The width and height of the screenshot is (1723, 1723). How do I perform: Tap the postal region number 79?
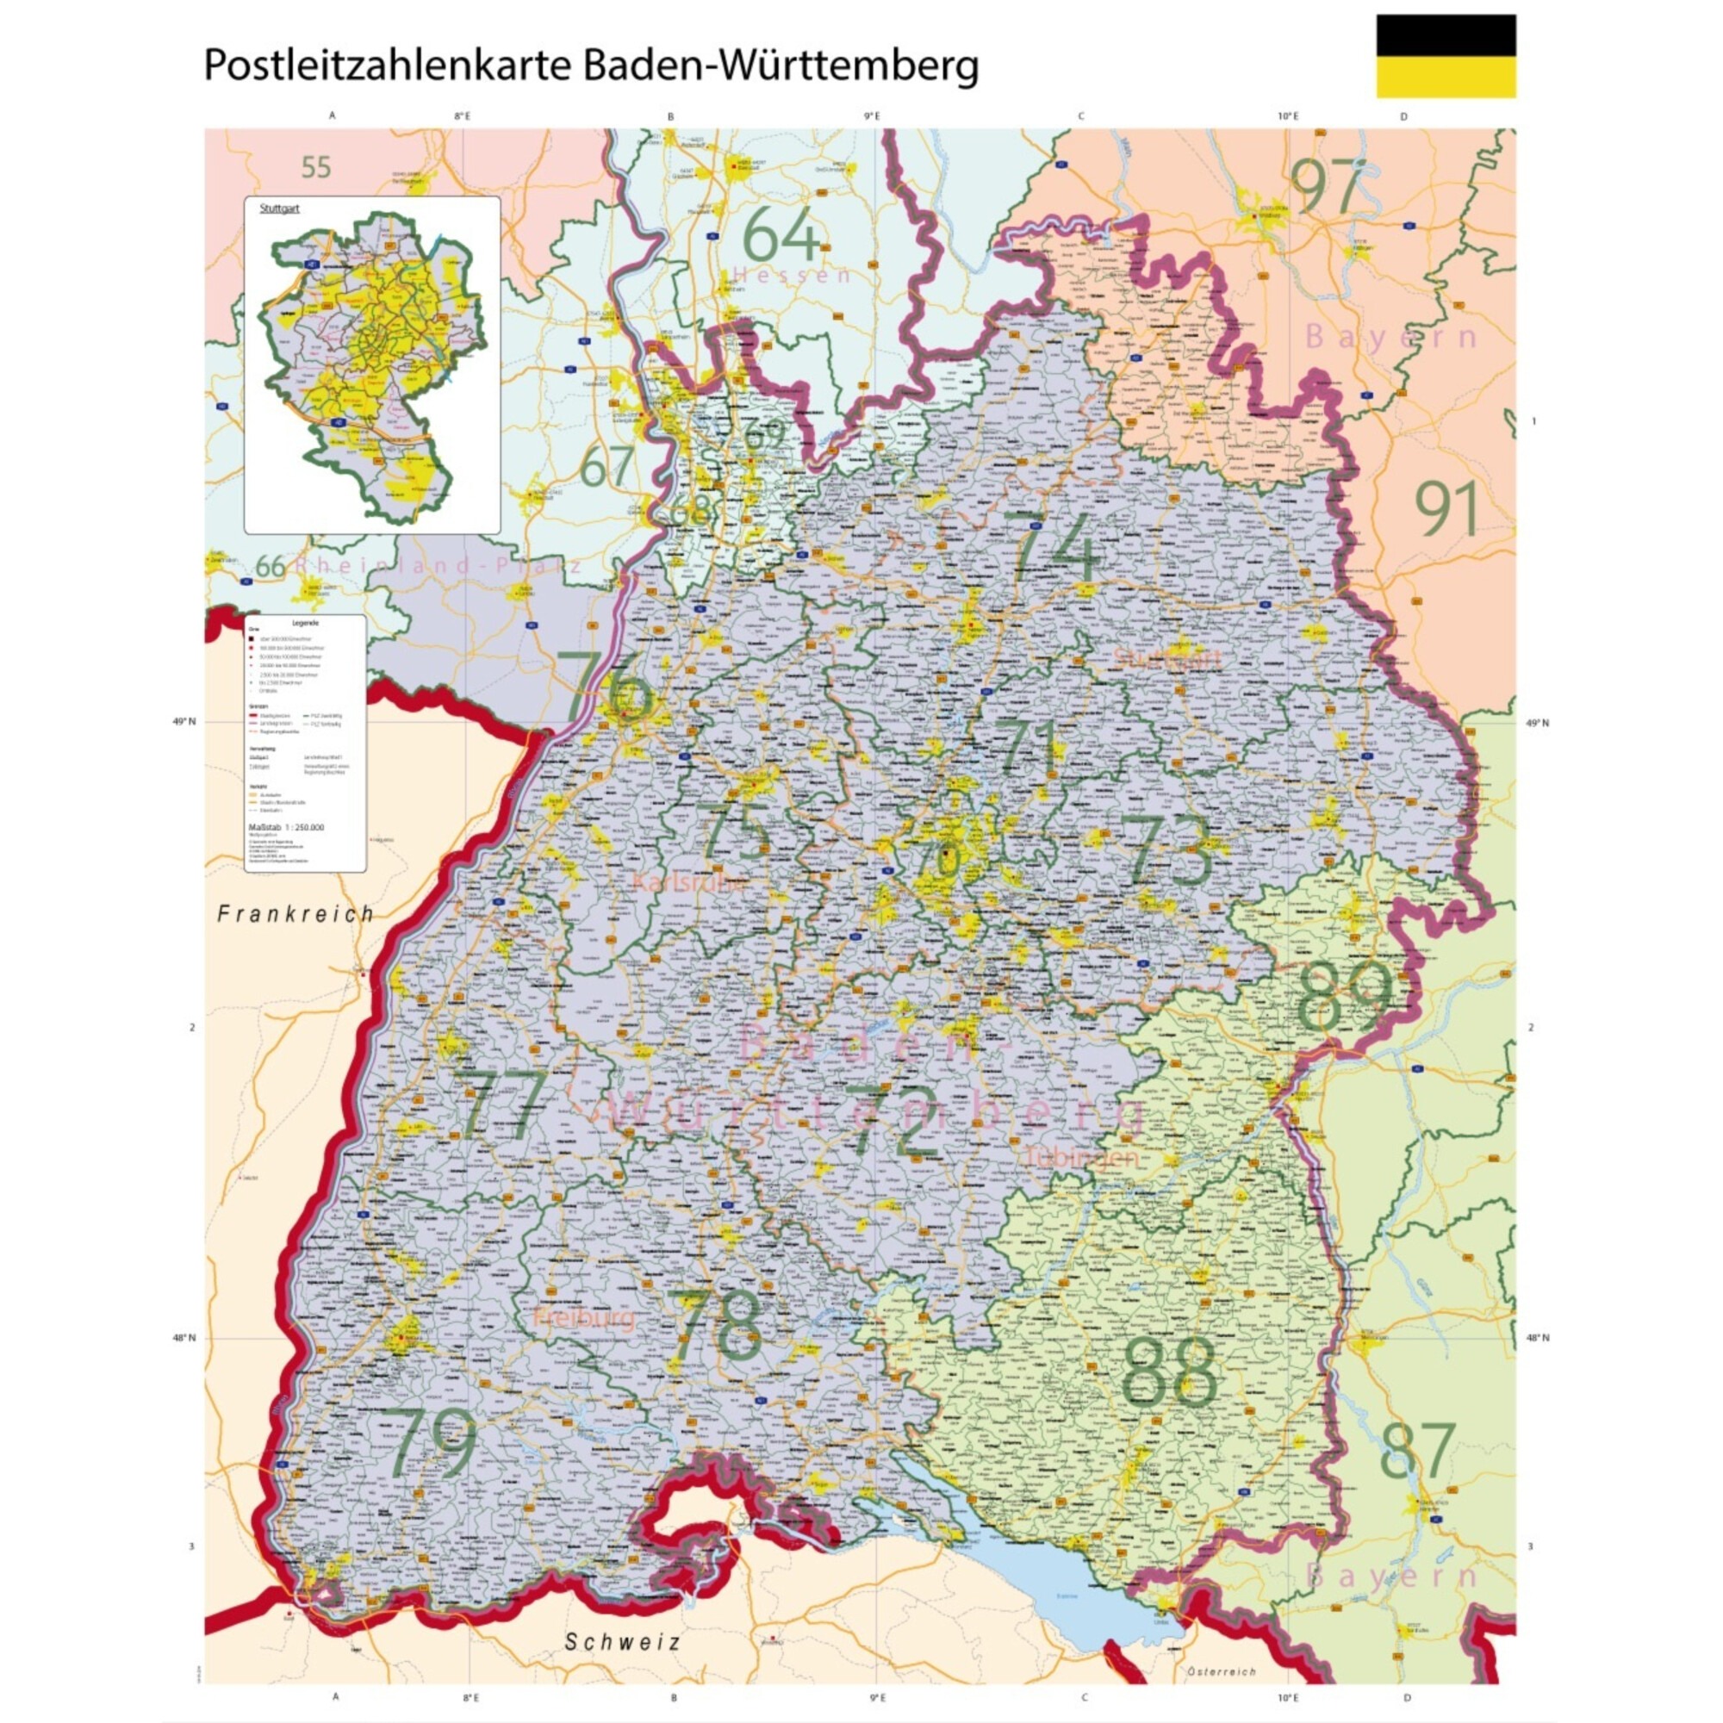point(432,1443)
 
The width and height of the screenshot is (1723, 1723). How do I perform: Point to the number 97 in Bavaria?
point(1328,186)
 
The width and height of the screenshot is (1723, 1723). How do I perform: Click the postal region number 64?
point(781,234)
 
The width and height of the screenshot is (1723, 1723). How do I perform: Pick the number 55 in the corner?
point(315,167)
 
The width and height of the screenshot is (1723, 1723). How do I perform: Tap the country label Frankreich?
point(296,913)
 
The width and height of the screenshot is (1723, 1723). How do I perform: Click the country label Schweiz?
point(623,1642)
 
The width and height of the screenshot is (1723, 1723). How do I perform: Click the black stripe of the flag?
point(1446,34)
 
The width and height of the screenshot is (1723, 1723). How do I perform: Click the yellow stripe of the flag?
point(1446,77)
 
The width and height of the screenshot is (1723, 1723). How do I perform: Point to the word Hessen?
point(792,275)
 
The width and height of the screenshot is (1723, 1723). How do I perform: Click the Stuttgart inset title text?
point(279,208)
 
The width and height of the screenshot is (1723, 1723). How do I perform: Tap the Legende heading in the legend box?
point(304,623)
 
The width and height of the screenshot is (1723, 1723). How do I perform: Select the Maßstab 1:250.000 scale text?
point(285,827)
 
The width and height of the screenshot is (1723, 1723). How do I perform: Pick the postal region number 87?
point(1417,1451)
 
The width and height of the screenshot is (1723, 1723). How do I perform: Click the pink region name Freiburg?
point(584,1317)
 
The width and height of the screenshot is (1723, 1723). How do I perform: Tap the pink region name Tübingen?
point(1082,1157)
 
